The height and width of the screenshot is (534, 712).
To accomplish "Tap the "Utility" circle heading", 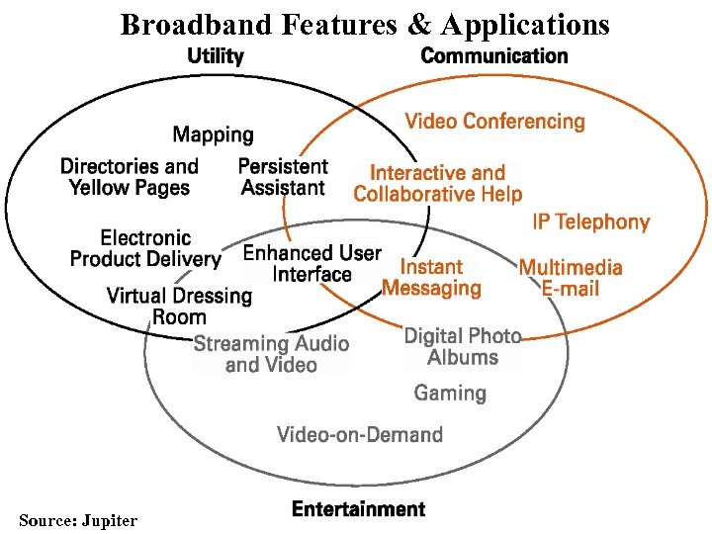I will (x=216, y=56).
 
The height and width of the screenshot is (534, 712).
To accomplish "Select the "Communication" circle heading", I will (x=494, y=56).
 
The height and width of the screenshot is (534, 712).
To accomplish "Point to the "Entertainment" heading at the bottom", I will (x=358, y=509).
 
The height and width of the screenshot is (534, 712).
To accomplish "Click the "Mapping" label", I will (x=213, y=134).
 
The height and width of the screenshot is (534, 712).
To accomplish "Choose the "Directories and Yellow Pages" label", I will (x=129, y=177).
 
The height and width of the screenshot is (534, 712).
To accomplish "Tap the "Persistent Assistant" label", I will (x=283, y=177).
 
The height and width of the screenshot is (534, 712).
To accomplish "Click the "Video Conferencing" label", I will (x=494, y=122).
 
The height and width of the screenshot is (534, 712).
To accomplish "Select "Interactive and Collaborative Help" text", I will (x=437, y=184).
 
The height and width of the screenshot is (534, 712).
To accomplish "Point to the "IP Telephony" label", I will (x=590, y=222).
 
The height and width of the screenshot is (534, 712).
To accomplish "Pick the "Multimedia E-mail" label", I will (x=571, y=278).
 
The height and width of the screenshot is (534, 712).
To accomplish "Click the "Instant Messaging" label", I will (x=431, y=278).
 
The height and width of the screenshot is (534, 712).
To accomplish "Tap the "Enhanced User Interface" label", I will (x=311, y=264).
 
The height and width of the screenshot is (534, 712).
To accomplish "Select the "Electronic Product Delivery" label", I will (x=145, y=248).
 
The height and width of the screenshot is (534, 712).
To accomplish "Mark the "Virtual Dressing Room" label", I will (x=179, y=307).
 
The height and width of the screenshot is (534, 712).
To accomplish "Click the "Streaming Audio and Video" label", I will (x=271, y=354).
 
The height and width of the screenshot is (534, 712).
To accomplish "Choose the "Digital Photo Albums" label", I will (x=462, y=347).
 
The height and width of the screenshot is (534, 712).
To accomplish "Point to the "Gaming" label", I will (x=450, y=394).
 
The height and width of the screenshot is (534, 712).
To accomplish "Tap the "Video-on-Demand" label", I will (x=359, y=434).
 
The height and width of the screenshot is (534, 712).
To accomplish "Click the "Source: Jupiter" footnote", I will (x=78, y=520).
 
